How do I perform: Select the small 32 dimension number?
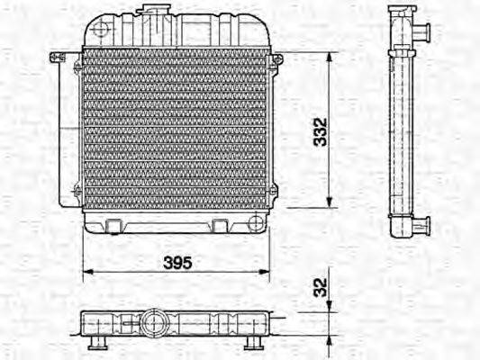click(x=316, y=288)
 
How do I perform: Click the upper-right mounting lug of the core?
click(x=276, y=59)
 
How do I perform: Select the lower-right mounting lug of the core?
click(x=273, y=191)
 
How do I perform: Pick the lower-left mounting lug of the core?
click(x=77, y=191)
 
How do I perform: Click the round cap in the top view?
click(x=151, y=321)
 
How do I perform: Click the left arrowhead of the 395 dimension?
click(x=86, y=269)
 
